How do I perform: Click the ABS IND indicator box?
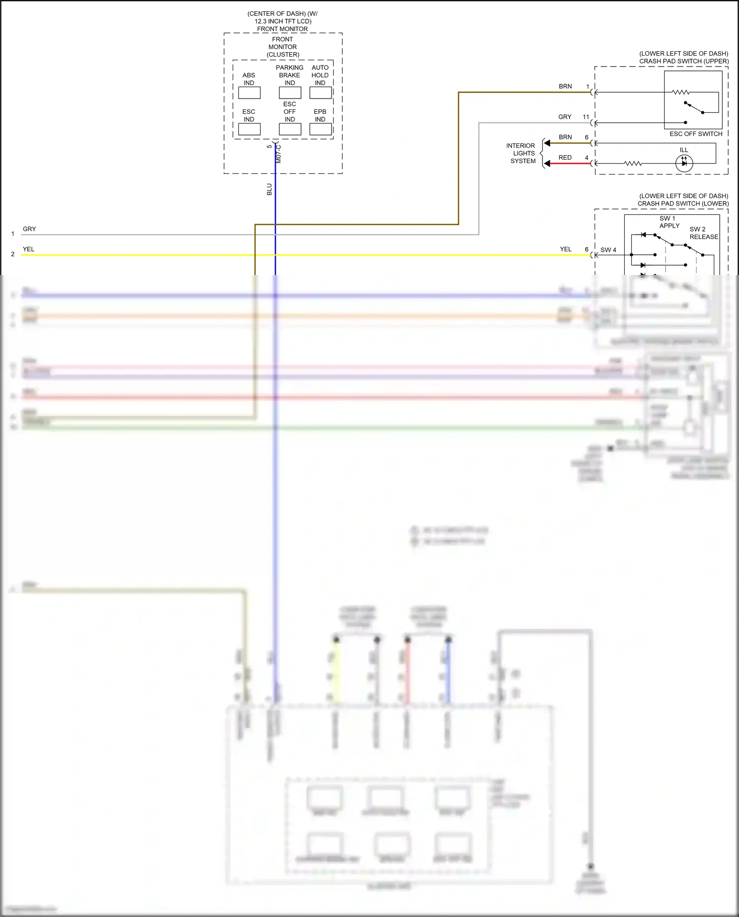click(249, 93)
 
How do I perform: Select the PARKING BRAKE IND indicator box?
click(290, 93)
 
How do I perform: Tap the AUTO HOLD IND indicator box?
click(320, 93)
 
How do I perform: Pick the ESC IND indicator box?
click(249, 129)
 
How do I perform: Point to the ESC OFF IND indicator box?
click(290, 129)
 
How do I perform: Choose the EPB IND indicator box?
click(320, 129)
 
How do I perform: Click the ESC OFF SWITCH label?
click(696, 134)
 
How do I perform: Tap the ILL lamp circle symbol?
click(684, 163)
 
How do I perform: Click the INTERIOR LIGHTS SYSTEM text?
click(521, 153)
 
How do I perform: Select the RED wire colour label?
click(565, 158)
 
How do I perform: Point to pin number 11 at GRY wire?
click(586, 117)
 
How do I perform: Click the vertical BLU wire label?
click(269, 189)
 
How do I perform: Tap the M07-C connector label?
click(278, 154)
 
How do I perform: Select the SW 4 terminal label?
click(608, 250)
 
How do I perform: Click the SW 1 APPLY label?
click(669, 222)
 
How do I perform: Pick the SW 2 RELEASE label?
click(704, 233)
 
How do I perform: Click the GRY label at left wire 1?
click(30, 229)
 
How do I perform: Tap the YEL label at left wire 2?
click(29, 249)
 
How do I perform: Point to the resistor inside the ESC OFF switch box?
click(680, 92)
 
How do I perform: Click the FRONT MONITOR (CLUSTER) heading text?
click(283, 47)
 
